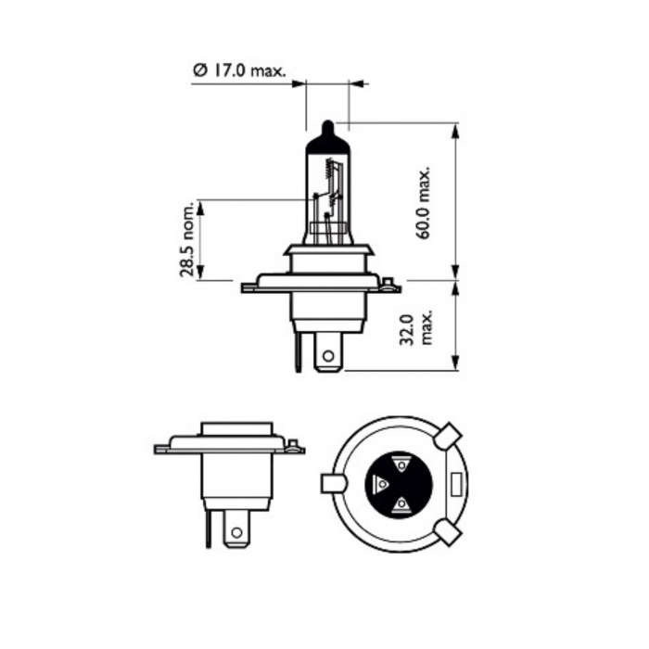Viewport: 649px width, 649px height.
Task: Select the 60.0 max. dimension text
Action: click(426, 204)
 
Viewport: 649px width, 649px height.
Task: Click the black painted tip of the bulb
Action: click(325, 129)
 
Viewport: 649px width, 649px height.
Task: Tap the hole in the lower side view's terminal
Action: click(237, 532)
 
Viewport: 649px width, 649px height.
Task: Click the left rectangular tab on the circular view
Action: click(332, 483)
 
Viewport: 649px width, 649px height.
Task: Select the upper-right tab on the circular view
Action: click(448, 434)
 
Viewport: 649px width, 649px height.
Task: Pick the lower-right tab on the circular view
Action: click(448, 532)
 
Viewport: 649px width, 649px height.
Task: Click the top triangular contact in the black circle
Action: click(401, 464)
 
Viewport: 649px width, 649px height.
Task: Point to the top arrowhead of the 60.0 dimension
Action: click(456, 129)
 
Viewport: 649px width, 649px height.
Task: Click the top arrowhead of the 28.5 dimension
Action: click(200, 205)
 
